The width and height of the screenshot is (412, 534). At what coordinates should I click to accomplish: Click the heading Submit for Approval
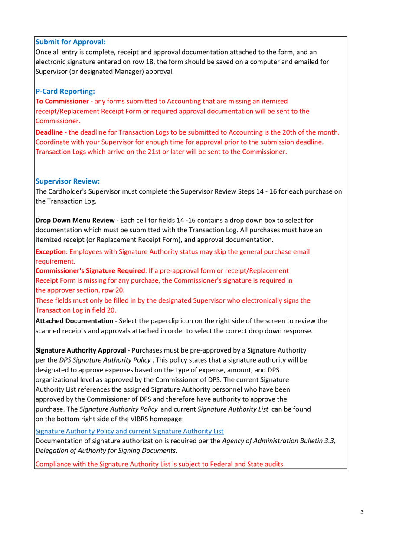point(70,43)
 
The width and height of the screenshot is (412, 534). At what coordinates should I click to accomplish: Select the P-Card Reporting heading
point(65,92)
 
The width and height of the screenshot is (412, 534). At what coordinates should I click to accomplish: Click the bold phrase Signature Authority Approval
point(81,350)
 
